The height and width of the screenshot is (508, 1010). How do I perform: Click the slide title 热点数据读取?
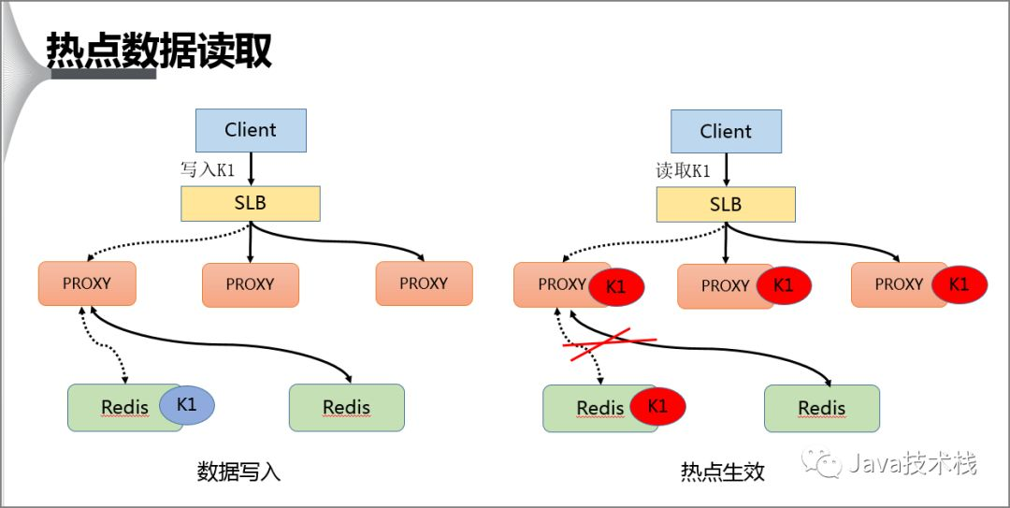coord(159,51)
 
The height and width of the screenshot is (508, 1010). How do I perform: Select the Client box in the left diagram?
coord(250,130)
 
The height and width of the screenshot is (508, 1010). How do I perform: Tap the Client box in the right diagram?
coord(726,131)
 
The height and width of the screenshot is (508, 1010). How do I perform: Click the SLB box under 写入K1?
coord(250,203)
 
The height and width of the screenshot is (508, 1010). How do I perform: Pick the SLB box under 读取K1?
coord(726,204)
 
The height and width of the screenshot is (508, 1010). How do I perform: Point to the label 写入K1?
coord(208,169)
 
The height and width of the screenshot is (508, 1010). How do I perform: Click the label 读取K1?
coord(684,170)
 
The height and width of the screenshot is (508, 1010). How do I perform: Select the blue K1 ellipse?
coord(186,405)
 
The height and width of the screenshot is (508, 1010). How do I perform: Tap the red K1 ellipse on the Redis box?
coord(657,406)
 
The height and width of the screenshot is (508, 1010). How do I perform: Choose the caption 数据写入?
coord(238,472)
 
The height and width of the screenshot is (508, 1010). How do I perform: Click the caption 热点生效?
coord(722,472)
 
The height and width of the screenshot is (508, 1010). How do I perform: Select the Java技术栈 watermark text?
coord(913,463)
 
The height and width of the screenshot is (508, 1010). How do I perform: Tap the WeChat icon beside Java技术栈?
coord(826,463)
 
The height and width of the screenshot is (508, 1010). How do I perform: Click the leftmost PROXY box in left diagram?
coord(87,283)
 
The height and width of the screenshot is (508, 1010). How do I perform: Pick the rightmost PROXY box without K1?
coord(424,283)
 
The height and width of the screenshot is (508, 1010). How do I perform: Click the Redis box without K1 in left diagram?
coord(346,408)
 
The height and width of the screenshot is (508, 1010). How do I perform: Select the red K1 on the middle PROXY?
coord(784,285)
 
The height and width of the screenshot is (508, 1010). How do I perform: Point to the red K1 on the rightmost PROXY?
coord(959,284)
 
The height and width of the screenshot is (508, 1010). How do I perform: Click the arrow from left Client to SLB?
coord(251,168)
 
